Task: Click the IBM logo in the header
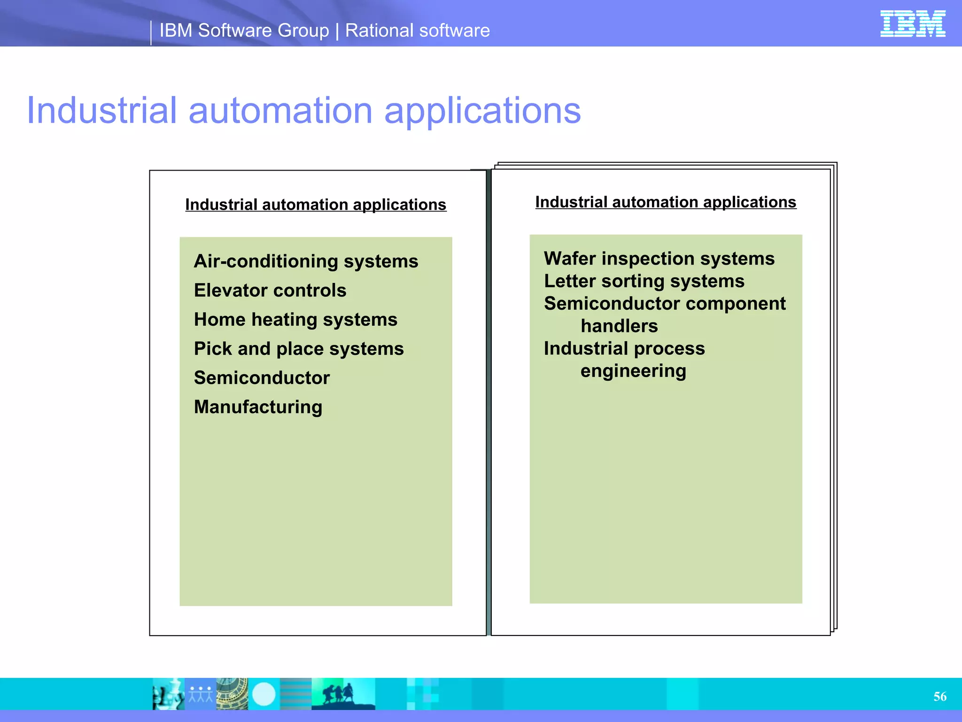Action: (912, 24)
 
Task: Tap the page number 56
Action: (940, 696)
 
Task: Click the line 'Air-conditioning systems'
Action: (306, 261)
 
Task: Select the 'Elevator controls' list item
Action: (270, 290)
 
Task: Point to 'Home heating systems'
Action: (295, 320)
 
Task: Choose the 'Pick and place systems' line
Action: (299, 349)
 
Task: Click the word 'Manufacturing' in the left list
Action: (258, 407)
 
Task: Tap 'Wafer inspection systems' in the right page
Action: (659, 259)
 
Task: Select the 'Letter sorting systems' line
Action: (644, 281)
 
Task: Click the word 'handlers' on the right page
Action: (619, 326)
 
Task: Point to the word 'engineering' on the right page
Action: (633, 371)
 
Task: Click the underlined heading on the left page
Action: (316, 204)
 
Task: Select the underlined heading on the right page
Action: (666, 202)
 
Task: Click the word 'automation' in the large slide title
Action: (280, 110)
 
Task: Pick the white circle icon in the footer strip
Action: (264, 694)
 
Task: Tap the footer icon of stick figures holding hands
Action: (201, 694)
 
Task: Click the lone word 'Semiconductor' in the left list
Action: (262, 378)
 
